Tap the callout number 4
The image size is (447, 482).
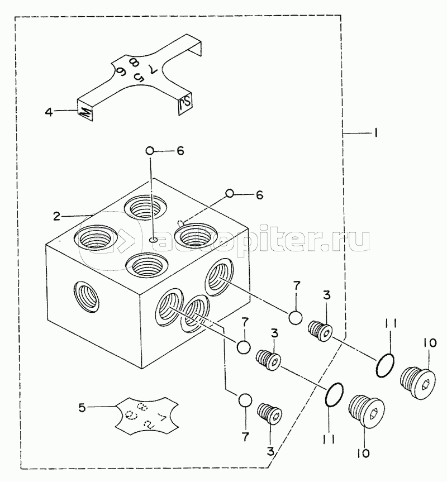click(49, 112)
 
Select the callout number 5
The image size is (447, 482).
click(82, 408)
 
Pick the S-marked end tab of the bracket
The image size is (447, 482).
click(185, 104)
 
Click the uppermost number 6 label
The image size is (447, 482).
click(180, 151)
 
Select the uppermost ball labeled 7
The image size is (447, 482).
click(296, 317)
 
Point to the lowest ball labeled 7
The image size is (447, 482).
click(244, 400)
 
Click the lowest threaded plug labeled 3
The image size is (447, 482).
click(270, 413)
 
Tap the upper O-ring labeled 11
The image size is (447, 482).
click(384, 365)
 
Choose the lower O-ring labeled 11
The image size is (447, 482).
click(334, 395)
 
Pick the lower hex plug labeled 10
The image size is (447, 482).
click(364, 411)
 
